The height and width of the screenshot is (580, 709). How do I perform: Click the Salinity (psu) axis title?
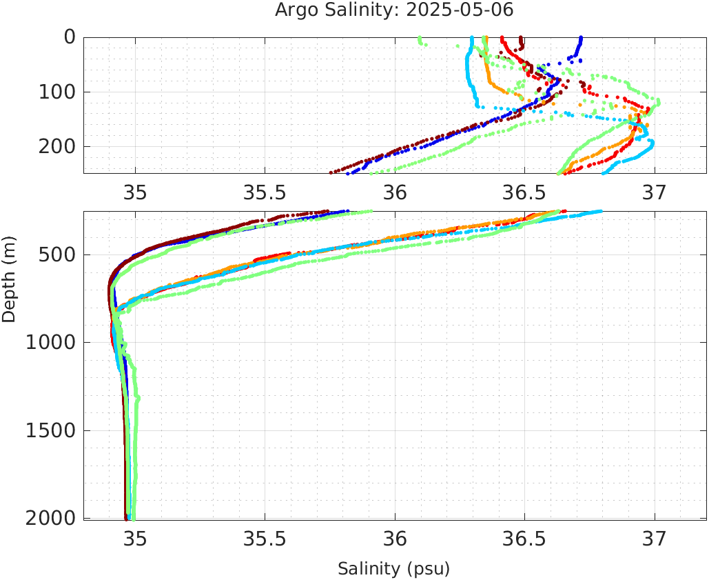coord(393,569)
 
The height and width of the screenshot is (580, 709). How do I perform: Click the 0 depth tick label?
coord(70,37)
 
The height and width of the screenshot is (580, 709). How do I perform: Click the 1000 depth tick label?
coord(50,343)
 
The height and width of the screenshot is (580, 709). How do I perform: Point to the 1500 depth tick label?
coord(50,430)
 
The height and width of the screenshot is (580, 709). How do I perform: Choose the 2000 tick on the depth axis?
coord(50,518)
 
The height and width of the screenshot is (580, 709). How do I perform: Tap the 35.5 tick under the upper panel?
coord(265,192)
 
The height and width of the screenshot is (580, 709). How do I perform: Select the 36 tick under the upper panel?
coord(395,192)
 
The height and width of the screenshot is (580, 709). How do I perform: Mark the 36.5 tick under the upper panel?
coord(524,192)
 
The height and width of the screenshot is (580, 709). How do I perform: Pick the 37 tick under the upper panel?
coord(655,192)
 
